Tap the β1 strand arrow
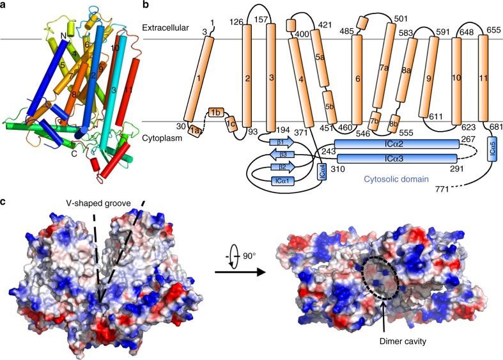click(281, 142)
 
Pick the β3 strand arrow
click(281, 155)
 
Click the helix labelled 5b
click(330, 107)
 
